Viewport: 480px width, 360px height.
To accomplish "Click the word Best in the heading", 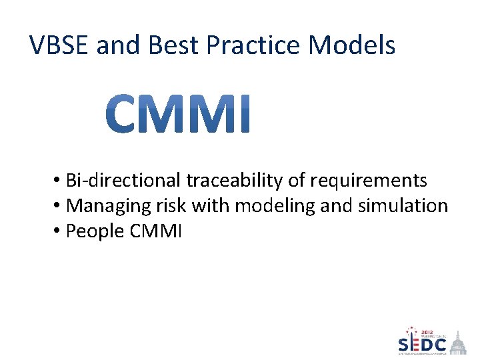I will (x=174, y=45).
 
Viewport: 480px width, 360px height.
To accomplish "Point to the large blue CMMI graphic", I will (x=179, y=114).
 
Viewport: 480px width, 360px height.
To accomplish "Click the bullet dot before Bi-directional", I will (x=59, y=181).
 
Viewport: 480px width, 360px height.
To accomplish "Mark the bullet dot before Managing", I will (x=59, y=206).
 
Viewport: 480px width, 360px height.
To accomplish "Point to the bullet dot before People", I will (x=59, y=231).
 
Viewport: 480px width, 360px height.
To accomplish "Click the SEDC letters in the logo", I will (x=423, y=344).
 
